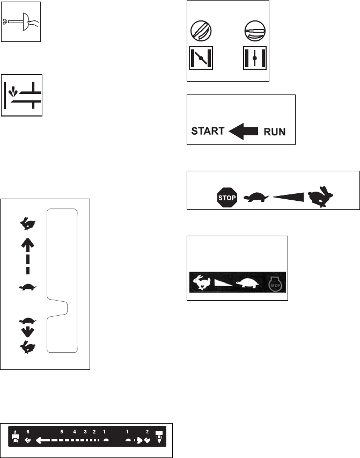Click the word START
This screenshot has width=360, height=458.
(x=208, y=131)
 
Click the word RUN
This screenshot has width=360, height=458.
(x=275, y=131)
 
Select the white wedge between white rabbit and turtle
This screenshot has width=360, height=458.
(x=223, y=281)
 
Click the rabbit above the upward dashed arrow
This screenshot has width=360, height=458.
(x=25, y=221)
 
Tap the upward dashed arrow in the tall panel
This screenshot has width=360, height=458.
(x=25, y=256)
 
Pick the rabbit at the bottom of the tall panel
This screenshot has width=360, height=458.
(x=25, y=347)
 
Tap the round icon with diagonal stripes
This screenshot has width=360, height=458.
(x=201, y=32)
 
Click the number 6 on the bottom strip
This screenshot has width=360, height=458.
(x=28, y=431)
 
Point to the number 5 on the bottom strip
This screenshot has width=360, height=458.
(x=62, y=431)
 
